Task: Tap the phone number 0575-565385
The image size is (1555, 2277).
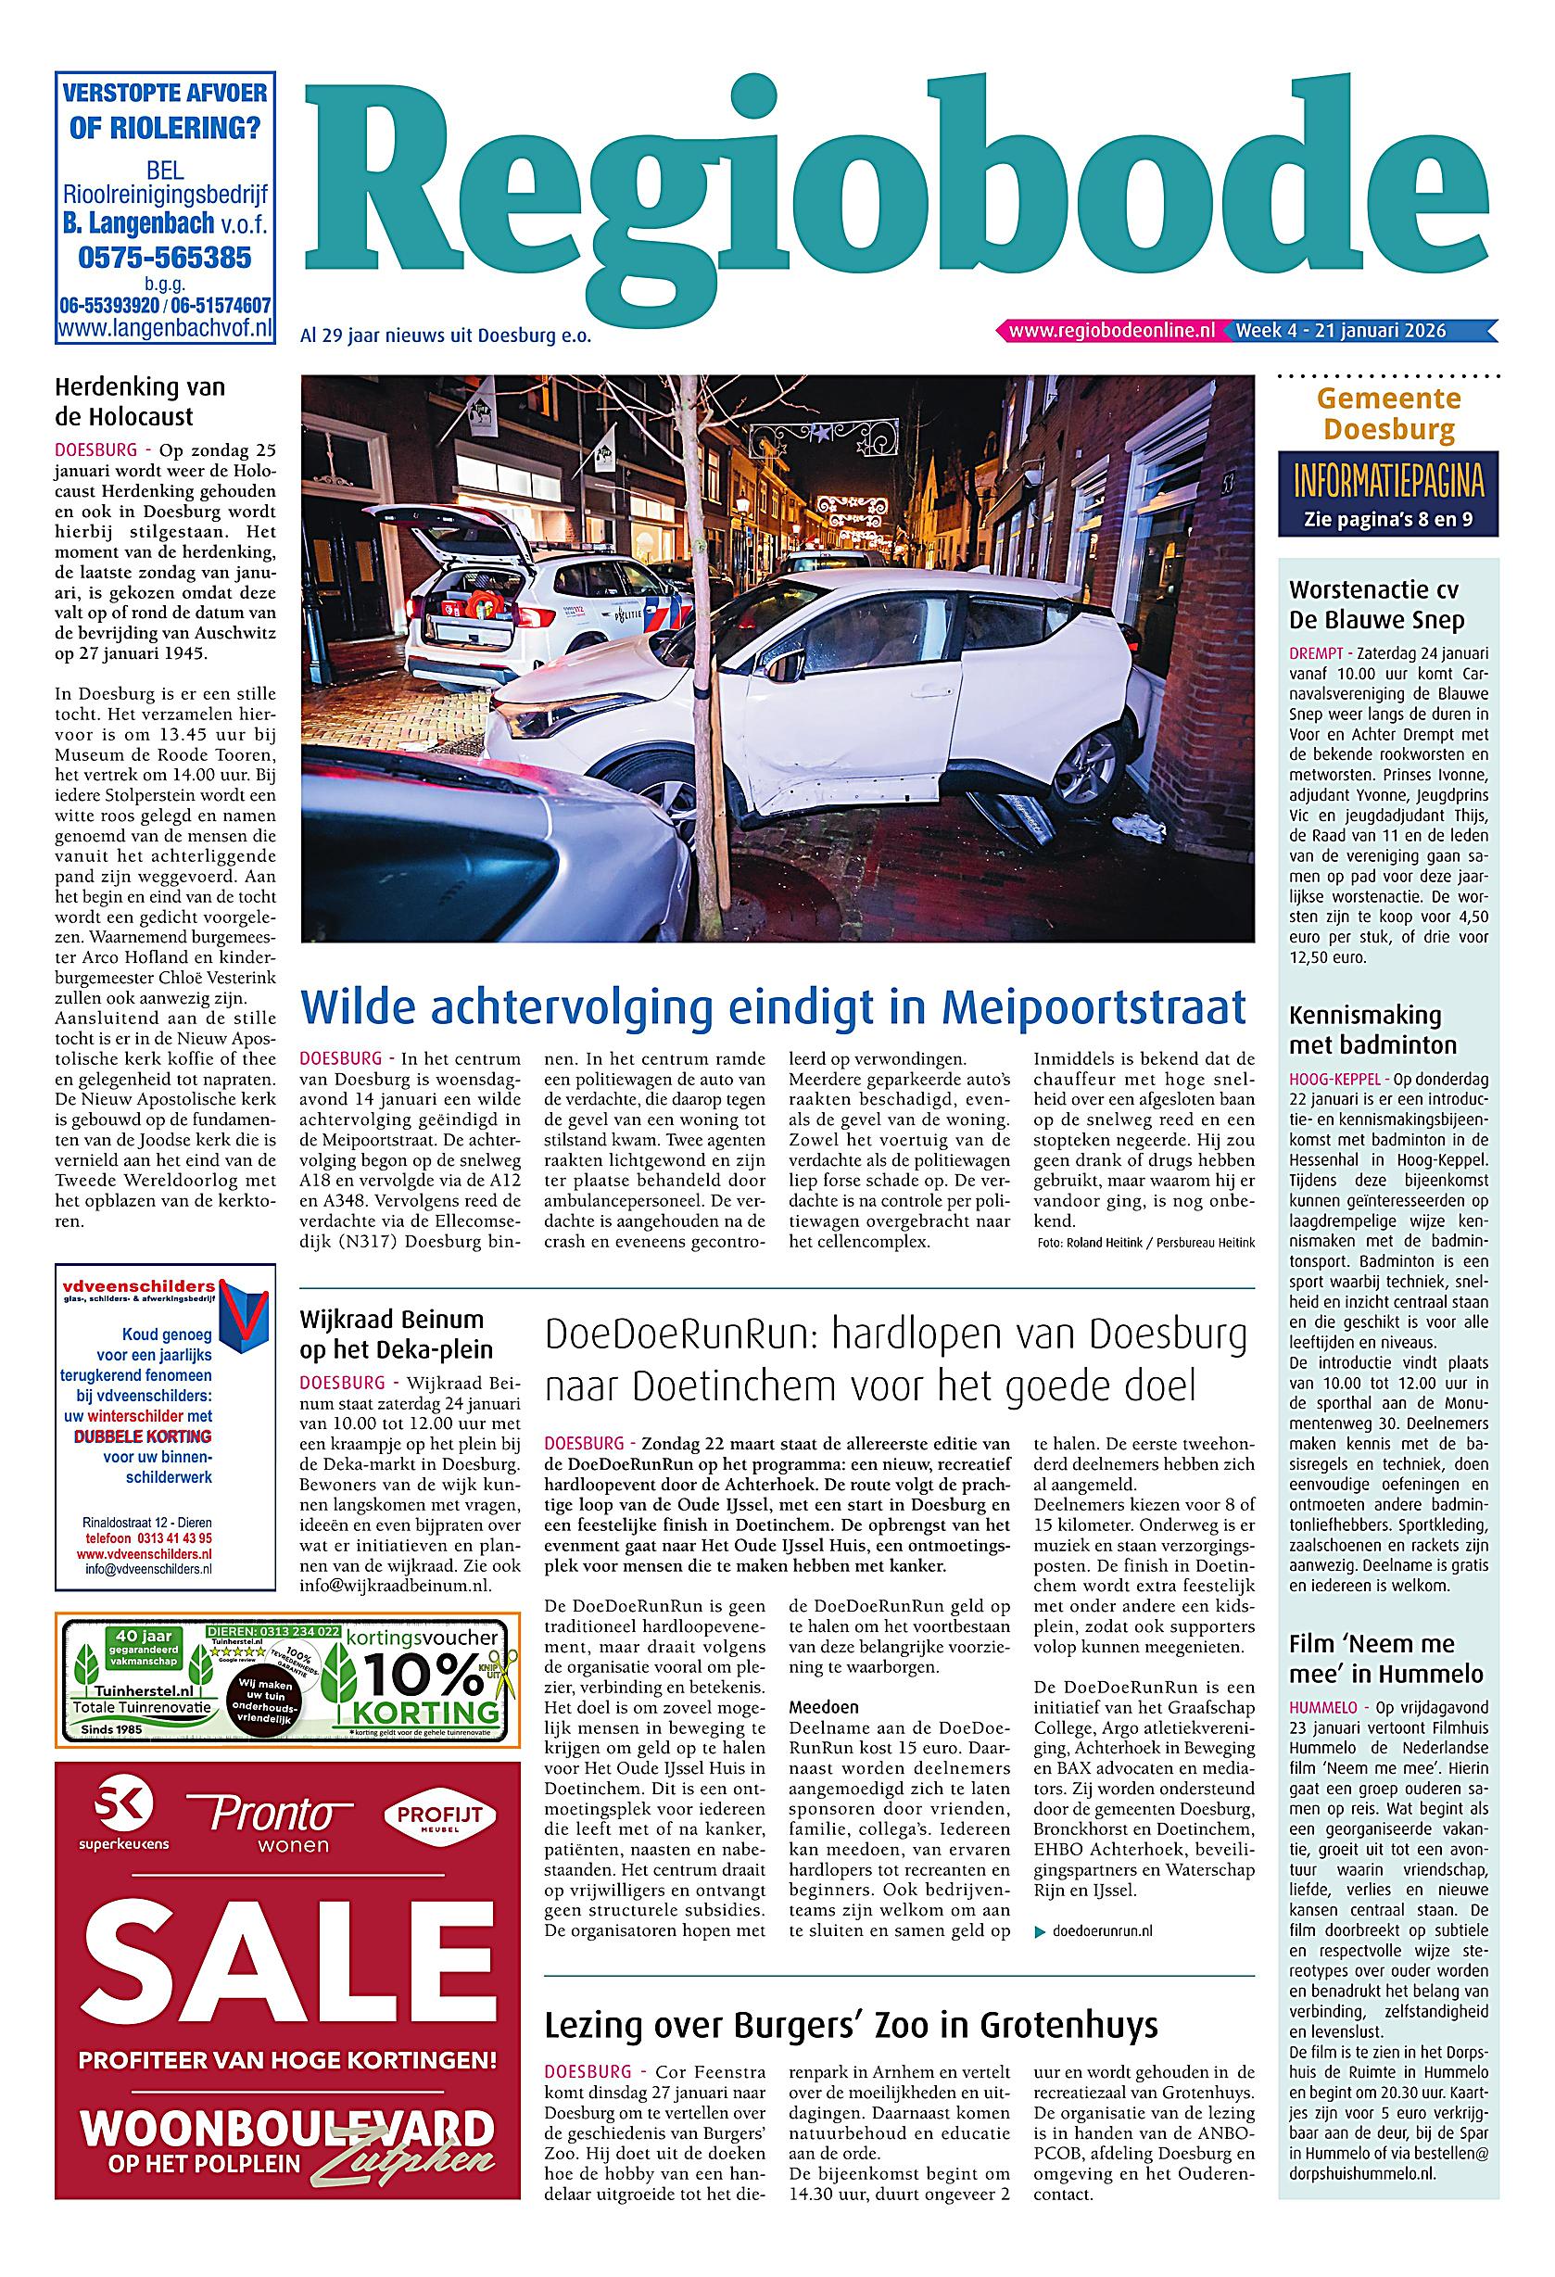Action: (164, 258)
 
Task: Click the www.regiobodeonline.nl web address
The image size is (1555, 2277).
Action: (1111, 331)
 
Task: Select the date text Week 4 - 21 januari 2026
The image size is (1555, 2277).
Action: (1340, 331)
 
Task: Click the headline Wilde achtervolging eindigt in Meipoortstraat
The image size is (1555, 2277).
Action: (774, 1007)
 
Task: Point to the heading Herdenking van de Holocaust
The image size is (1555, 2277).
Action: (139, 401)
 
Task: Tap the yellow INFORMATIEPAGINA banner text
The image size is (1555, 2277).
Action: (1387, 483)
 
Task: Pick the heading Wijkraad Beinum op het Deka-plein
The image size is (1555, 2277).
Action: (396, 1334)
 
